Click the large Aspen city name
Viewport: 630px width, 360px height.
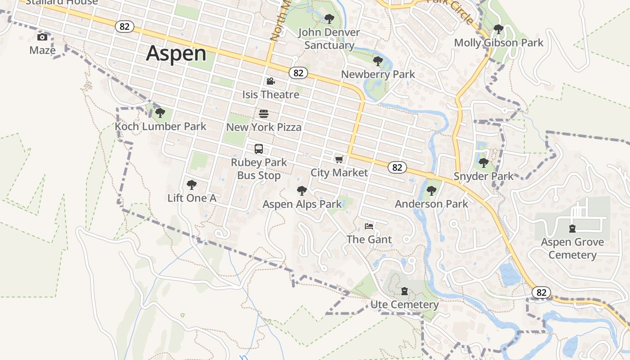click(176, 54)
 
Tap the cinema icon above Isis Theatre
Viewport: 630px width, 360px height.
click(270, 81)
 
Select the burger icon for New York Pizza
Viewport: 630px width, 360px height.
click(264, 114)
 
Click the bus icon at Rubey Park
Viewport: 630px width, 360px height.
click(259, 149)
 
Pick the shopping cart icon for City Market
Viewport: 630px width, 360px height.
click(339, 159)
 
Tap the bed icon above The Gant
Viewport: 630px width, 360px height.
click(369, 226)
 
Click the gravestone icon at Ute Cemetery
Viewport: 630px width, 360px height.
click(405, 291)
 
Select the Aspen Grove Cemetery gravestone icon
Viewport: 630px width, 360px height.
click(572, 229)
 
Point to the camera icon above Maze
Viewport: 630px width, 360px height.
click(42, 37)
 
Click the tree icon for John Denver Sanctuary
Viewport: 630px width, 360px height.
click(329, 19)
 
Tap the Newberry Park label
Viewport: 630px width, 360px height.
click(378, 74)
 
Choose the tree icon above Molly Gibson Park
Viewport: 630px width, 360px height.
click(498, 29)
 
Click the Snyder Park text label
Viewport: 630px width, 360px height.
click(483, 176)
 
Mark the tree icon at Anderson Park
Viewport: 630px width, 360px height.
click(432, 191)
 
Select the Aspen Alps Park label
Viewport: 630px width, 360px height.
click(302, 204)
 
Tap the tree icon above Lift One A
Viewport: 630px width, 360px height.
click(192, 184)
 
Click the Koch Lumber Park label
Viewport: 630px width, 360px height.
click(161, 126)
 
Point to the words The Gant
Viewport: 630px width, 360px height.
click(369, 239)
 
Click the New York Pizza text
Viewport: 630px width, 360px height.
click(264, 127)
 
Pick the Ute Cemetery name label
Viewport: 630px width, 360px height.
click(405, 305)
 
